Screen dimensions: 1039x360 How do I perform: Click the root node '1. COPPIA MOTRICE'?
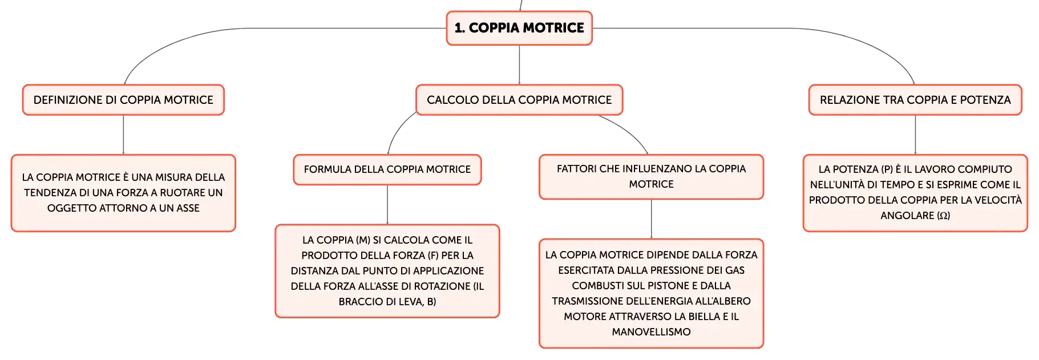click(x=519, y=28)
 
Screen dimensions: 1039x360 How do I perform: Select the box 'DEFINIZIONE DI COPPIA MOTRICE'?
click(x=123, y=100)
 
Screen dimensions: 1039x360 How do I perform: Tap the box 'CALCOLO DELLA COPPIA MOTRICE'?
click(x=519, y=100)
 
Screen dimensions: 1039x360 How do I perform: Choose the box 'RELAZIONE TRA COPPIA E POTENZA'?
click(x=915, y=100)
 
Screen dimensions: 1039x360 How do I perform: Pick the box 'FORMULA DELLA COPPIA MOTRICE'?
click(x=387, y=169)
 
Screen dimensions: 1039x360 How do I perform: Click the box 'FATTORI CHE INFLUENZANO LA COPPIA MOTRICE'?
click(x=651, y=177)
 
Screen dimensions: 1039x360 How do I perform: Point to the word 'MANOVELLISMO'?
click(x=651, y=332)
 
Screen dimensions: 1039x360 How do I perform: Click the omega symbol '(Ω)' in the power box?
click(x=943, y=216)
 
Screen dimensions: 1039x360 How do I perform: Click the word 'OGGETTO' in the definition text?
click(x=69, y=208)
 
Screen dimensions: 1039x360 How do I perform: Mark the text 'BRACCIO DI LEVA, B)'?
click(x=387, y=302)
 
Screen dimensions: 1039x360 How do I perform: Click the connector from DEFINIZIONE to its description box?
click(x=123, y=135)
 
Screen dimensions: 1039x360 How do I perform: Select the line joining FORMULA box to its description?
click(x=387, y=205)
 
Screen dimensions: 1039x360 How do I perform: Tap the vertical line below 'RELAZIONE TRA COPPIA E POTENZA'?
click(x=915, y=135)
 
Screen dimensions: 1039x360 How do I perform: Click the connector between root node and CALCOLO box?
click(x=519, y=65)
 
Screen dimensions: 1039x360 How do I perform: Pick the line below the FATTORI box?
click(x=651, y=219)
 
